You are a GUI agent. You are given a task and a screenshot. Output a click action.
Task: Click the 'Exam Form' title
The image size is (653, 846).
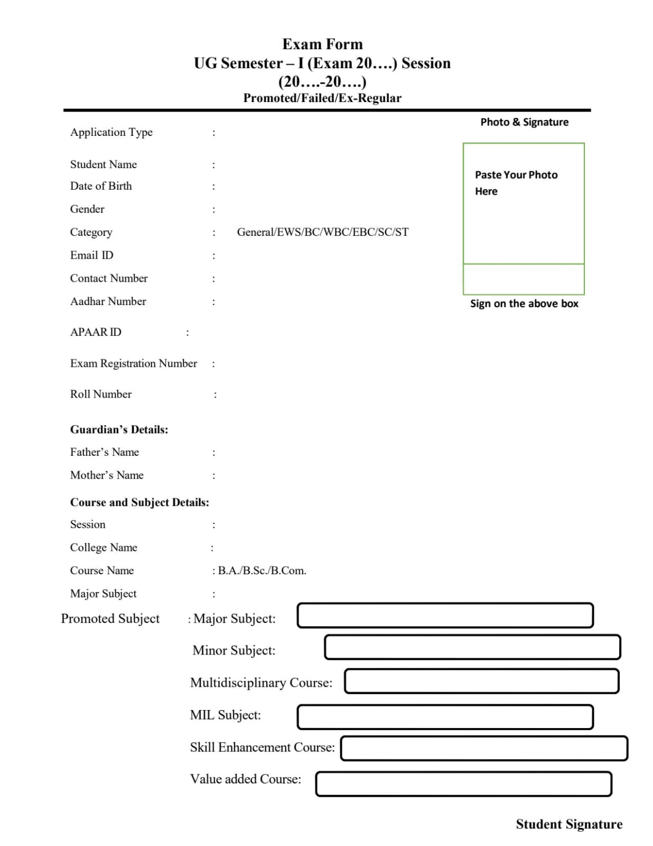click(322, 44)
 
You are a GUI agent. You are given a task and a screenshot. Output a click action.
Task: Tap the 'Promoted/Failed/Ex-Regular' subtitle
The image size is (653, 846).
click(322, 98)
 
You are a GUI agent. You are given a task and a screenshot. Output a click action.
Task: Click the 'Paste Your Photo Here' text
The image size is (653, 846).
click(516, 182)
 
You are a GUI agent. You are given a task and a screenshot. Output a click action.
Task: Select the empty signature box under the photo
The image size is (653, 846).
click(524, 279)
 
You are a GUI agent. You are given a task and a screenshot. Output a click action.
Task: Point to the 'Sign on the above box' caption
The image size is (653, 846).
click(524, 304)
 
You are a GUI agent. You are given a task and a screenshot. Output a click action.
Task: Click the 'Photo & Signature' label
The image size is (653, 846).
click(524, 122)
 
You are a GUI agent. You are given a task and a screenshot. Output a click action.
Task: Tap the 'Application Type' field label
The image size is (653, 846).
click(111, 132)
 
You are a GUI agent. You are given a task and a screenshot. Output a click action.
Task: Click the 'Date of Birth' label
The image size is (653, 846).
click(101, 186)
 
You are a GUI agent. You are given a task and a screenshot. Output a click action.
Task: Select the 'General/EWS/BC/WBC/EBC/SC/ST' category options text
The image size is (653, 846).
click(322, 232)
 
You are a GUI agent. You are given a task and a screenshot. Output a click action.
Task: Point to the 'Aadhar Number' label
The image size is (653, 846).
click(108, 301)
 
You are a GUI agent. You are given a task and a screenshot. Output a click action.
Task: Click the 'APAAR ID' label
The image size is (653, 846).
click(96, 332)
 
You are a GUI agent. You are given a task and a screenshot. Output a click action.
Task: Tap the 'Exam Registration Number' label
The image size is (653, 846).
click(134, 363)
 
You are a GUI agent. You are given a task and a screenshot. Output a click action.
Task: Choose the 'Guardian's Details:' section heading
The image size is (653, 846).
click(119, 429)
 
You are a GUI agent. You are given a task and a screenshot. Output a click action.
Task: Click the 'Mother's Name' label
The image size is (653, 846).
click(107, 475)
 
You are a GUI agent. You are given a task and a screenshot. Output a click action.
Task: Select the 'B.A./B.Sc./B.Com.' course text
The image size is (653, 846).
click(262, 571)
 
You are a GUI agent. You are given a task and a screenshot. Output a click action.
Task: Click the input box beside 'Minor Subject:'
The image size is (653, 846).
click(472, 647)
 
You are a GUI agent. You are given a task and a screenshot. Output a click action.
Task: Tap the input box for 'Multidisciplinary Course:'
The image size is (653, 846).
click(481, 681)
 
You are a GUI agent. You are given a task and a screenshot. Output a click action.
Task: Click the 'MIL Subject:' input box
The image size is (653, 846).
click(445, 717)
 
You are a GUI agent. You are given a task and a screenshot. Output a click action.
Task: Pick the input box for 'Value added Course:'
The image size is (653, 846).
click(463, 784)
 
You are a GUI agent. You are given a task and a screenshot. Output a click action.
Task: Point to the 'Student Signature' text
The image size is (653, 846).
click(569, 824)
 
